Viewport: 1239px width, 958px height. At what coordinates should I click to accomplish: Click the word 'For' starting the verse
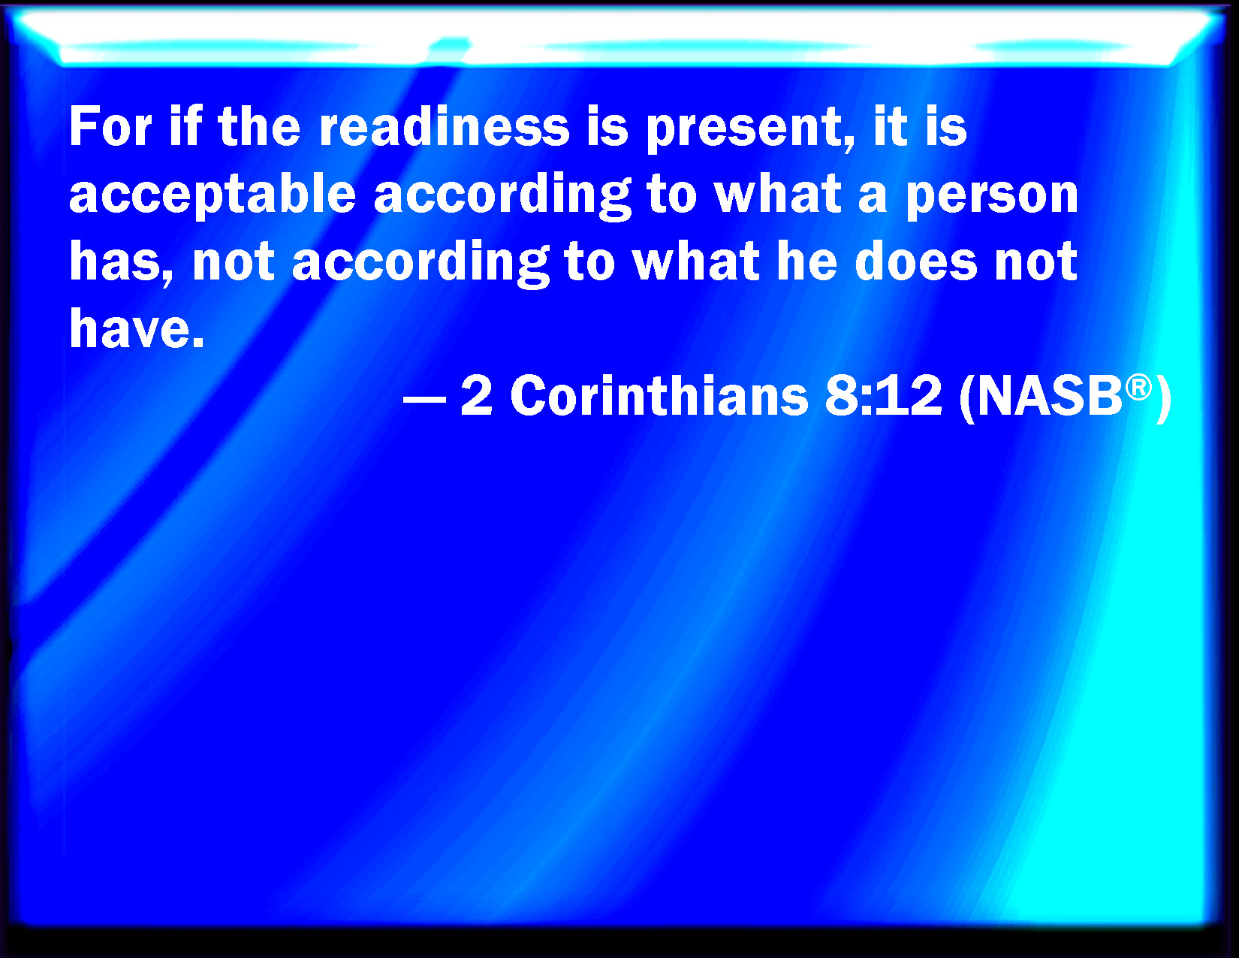click(110, 126)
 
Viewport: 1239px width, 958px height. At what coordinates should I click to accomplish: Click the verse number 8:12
click(883, 395)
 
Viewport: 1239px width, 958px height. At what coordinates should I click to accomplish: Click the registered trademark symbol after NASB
click(1138, 388)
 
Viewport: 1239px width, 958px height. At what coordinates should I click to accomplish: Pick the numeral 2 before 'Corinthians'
click(476, 395)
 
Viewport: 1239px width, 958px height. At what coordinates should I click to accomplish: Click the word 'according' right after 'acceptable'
click(502, 196)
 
